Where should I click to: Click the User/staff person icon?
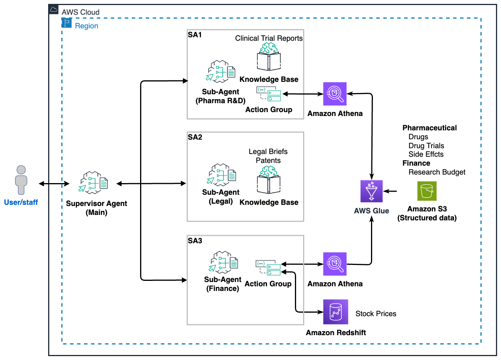pyautogui.click(x=21, y=180)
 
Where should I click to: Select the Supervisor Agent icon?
pyautogui.click(x=94, y=182)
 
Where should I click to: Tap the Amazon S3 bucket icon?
pyautogui.click(x=426, y=191)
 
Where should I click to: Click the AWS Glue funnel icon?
pyautogui.click(x=371, y=191)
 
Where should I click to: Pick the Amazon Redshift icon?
pyautogui.click(x=335, y=312)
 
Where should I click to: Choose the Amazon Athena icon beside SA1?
pyautogui.click(x=335, y=93)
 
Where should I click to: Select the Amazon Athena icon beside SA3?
pyautogui.click(x=335, y=264)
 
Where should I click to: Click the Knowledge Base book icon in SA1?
pyautogui.click(x=269, y=57)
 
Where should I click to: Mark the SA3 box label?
pyautogui.click(x=195, y=241)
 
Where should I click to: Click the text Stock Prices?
pyautogui.click(x=376, y=313)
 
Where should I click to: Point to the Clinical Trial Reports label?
pyautogui.click(x=269, y=38)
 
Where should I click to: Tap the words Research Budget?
pyautogui.click(x=437, y=172)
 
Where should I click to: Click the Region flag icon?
pyautogui.click(x=67, y=23)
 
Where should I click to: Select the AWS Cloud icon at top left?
pyautogui.click(x=54, y=10)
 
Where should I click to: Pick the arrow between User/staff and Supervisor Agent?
pyautogui.click(x=54, y=183)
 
